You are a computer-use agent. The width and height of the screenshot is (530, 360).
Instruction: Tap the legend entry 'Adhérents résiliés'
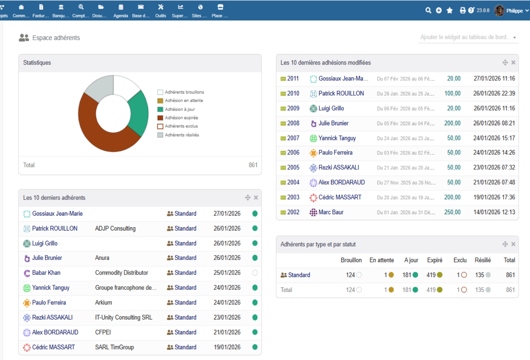[182, 135]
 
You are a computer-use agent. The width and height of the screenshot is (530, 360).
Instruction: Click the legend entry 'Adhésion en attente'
[184, 101]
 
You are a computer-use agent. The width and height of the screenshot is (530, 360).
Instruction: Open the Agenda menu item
[121, 11]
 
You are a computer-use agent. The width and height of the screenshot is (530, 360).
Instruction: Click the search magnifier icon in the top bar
[428, 10]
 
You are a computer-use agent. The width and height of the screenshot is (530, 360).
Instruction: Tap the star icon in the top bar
[450, 10]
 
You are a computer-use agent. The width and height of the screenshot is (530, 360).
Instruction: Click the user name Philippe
[514, 11]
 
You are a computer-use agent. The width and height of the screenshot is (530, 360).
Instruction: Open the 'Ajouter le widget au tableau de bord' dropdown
[468, 37]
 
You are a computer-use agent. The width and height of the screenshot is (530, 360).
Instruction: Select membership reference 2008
[293, 123]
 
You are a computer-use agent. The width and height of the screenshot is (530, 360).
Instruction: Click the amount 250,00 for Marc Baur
[452, 212]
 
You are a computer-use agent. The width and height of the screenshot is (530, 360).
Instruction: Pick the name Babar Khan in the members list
[46, 273]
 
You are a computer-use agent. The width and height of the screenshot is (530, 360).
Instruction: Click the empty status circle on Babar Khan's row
[255, 273]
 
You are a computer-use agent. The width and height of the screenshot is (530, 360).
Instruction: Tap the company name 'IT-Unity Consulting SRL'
[124, 317]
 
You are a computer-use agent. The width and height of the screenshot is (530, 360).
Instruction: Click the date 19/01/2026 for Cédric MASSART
[227, 347]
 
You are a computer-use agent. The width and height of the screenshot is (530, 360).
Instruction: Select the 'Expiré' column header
[435, 260]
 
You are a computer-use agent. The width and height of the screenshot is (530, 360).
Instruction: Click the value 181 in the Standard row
[407, 275]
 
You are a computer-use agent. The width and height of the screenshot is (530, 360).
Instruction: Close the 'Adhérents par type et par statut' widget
[513, 244]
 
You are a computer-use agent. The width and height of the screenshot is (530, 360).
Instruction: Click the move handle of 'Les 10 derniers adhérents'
[248, 197]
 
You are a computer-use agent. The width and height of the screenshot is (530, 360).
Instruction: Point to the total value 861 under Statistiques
[253, 165]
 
